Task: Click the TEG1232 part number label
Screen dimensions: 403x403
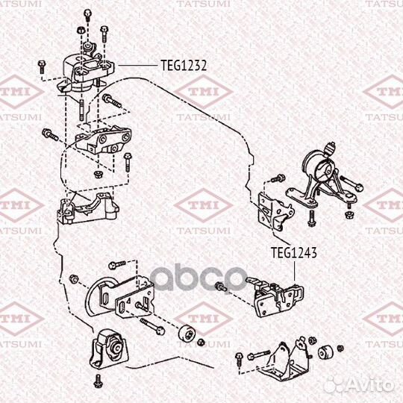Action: tap(184, 65)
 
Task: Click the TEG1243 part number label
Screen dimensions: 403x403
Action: tap(294, 253)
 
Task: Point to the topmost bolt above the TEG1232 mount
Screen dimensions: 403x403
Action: tap(88, 14)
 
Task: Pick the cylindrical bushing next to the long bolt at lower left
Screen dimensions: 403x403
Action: tap(188, 334)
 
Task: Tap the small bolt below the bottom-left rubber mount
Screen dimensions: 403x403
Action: tap(98, 382)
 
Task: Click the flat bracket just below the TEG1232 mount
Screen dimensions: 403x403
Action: tap(104, 142)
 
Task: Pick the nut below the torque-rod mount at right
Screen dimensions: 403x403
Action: tap(348, 214)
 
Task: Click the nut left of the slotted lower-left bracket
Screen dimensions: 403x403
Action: tap(72, 278)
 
